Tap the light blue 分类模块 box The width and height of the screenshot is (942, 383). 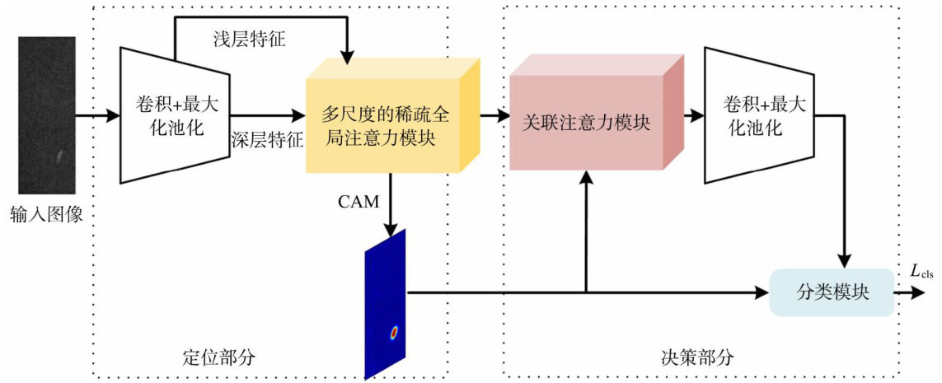[x=832, y=292]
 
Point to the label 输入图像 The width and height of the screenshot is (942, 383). [x=48, y=216]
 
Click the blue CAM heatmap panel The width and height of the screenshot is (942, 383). [x=386, y=305]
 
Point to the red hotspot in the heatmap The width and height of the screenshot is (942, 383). [x=394, y=333]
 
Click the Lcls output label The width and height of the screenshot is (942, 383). [x=921, y=271]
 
